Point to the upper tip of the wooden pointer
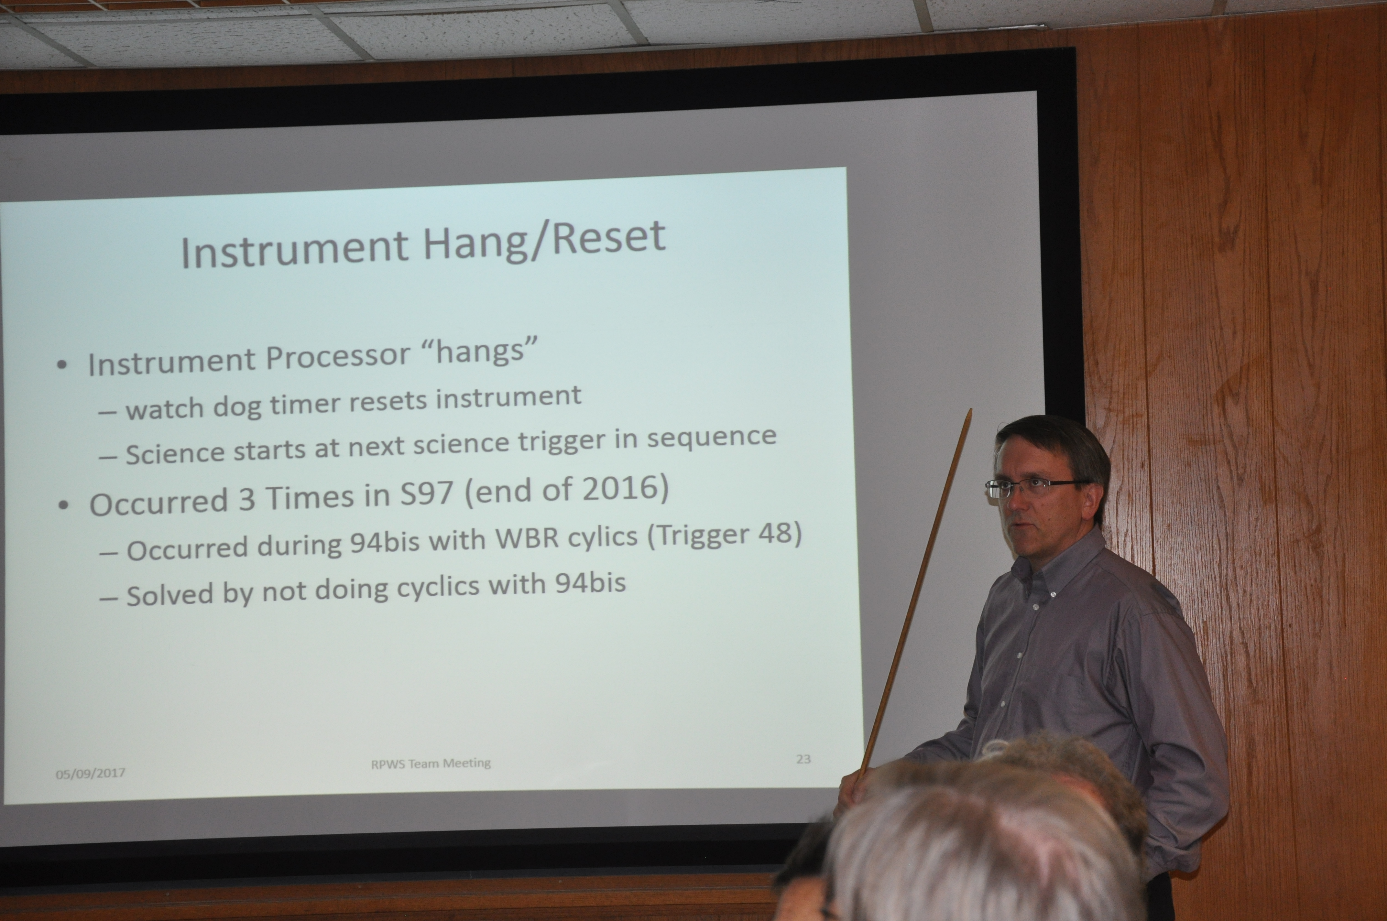(970, 410)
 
